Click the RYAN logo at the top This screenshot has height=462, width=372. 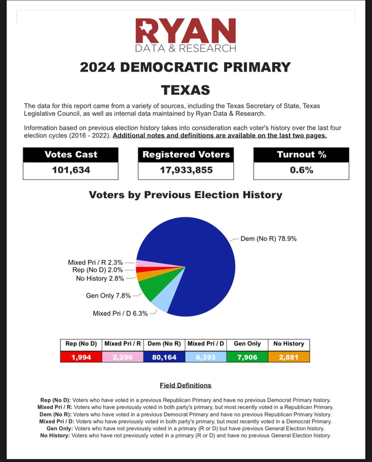tap(186, 34)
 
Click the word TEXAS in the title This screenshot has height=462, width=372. tap(186, 90)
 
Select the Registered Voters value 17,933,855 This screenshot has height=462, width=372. tap(185, 170)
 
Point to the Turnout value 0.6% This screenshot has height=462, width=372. tap(301, 170)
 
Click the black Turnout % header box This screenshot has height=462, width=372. tap(301, 155)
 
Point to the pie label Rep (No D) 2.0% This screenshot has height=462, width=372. tap(97, 270)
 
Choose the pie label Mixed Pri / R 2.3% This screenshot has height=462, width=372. tap(96, 262)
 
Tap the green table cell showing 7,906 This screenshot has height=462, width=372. tap(247, 356)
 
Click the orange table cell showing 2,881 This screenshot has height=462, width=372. tap(288, 356)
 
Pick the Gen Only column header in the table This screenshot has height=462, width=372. tap(247, 344)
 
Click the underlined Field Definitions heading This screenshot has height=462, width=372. tap(185, 385)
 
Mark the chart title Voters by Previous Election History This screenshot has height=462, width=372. tap(185, 195)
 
